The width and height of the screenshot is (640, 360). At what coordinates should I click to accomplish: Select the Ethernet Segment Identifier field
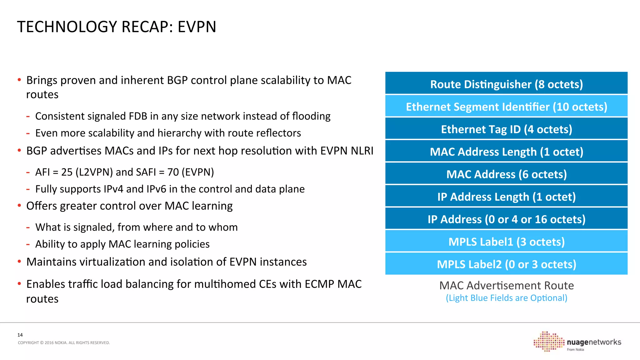tap(506, 106)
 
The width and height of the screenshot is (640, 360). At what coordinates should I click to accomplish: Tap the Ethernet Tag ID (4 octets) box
tap(506, 129)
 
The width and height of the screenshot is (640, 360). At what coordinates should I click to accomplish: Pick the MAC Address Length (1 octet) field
tap(506, 151)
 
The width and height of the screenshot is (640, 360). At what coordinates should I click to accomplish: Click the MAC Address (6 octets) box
tap(506, 174)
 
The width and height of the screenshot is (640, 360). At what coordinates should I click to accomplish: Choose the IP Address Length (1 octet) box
tap(506, 196)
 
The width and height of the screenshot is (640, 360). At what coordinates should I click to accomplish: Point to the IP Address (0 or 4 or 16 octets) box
tap(506, 219)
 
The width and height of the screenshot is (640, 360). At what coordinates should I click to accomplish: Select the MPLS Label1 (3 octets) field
tap(506, 241)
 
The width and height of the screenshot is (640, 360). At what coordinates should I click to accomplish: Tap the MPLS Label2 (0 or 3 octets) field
tap(506, 264)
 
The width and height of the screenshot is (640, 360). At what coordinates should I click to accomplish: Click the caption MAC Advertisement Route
tap(506, 285)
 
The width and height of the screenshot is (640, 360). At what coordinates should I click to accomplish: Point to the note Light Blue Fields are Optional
tap(506, 298)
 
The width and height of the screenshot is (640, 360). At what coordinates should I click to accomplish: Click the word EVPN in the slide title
tap(197, 27)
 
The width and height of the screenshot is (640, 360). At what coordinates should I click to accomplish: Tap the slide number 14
tap(20, 335)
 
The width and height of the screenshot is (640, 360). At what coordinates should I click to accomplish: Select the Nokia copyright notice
tap(64, 343)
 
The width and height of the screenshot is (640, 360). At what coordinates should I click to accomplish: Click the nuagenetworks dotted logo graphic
tap(549, 342)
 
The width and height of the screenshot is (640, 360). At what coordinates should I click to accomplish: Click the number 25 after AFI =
tap(67, 172)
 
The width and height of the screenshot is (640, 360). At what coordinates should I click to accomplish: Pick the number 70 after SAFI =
tap(173, 172)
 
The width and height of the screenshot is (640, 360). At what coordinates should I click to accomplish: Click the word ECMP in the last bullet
tap(319, 284)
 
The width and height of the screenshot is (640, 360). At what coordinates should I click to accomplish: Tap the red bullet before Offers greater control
tap(19, 206)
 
